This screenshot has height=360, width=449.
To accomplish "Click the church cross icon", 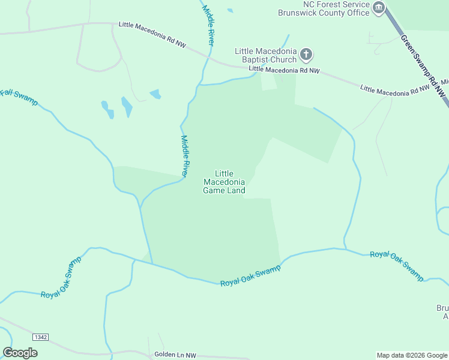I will point(306,55).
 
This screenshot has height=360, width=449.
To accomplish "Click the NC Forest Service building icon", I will point(379,8).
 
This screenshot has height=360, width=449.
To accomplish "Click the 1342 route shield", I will point(40,337).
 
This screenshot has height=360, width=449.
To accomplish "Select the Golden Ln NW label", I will point(175,355).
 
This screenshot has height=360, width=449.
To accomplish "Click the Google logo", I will point(20,353).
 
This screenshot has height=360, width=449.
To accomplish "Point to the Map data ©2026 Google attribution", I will point(411,355).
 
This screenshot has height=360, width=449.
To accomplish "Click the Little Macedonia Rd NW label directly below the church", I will point(284,70).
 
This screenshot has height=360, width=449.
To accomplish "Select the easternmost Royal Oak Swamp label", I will point(397,265).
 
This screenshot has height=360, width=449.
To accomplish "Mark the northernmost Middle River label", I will point(208,26).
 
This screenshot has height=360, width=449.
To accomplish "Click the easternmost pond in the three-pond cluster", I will point(155,94).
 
